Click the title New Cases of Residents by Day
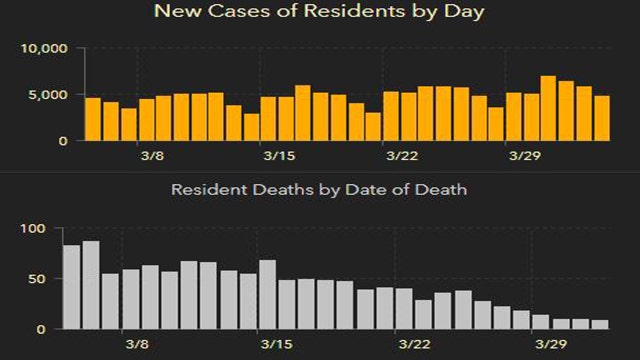(x=319, y=12)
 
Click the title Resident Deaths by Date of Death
(x=319, y=188)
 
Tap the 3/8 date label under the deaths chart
(x=138, y=345)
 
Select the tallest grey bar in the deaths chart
(x=91, y=285)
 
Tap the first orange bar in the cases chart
(x=93, y=119)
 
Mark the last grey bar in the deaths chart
(x=600, y=324)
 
